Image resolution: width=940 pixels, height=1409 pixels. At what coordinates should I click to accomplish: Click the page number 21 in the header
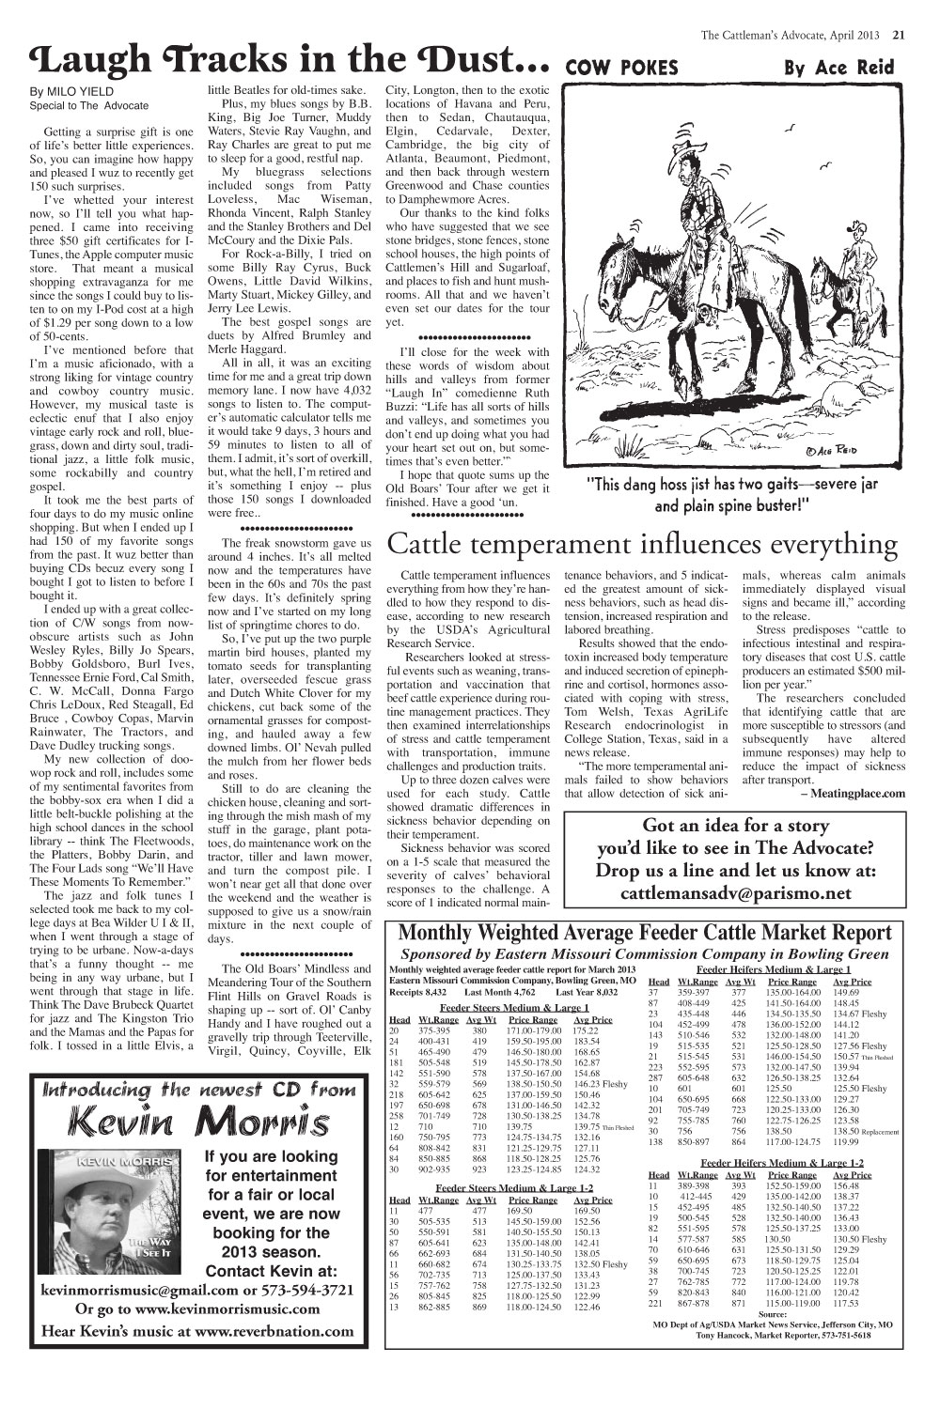tap(898, 37)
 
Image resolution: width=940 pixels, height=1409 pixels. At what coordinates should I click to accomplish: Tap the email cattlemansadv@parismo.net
tap(736, 893)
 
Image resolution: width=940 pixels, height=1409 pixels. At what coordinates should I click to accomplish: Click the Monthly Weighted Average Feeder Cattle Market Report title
tap(645, 933)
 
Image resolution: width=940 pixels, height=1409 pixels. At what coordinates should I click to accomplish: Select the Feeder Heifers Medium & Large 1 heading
tap(773, 969)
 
